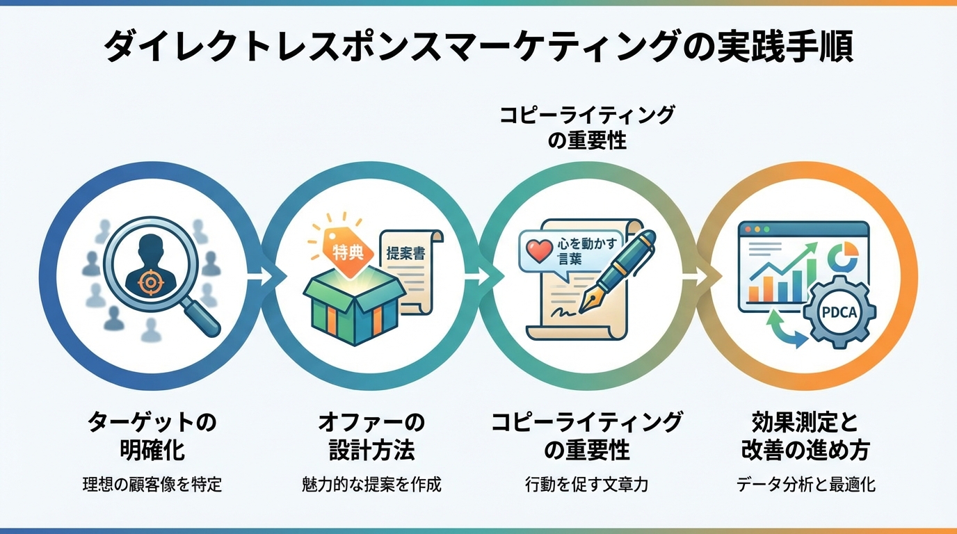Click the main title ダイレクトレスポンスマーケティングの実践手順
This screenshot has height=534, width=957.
478,48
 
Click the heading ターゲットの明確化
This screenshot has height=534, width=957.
152,435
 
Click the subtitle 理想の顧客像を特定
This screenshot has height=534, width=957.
152,485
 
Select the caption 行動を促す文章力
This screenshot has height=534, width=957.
587,485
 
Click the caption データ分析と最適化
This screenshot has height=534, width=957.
805,485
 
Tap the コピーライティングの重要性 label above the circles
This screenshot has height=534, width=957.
587,128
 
